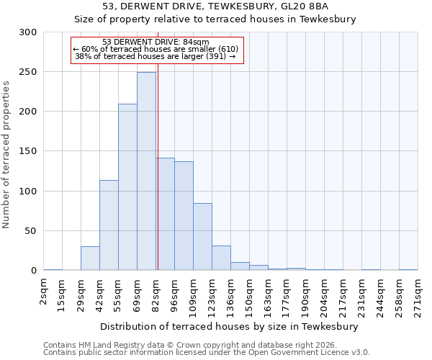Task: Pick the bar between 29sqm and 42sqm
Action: (90, 258)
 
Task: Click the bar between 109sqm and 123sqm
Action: (202, 237)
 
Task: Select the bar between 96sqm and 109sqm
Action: (184, 216)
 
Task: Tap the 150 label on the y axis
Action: (27, 152)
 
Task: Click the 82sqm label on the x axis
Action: (156, 292)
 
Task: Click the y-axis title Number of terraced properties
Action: (6, 154)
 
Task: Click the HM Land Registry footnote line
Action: (190, 345)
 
